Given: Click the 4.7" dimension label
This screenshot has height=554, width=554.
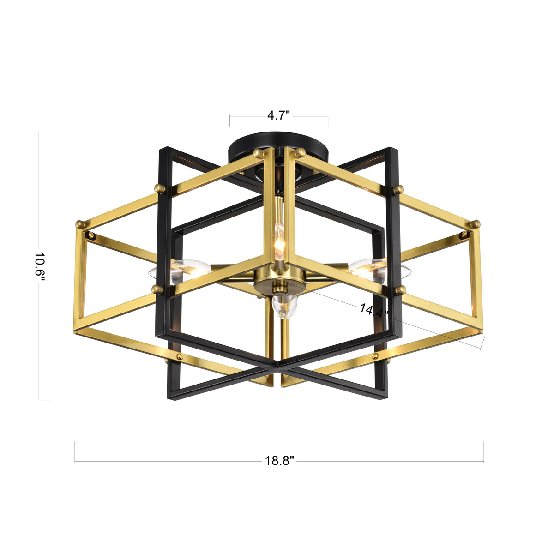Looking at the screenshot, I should pyautogui.click(x=279, y=115).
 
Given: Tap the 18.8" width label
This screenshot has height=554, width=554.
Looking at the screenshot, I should pyautogui.click(x=279, y=461).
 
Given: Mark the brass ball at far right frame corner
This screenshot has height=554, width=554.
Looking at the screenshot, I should pyautogui.click(x=476, y=224).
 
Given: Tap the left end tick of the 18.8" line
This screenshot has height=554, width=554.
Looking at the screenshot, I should pyautogui.click(x=75, y=452).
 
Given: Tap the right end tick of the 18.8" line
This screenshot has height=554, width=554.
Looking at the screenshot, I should pyautogui.click(x=484, y=452).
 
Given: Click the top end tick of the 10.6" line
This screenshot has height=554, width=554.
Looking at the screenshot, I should pyautogui.click(x=45, y=132).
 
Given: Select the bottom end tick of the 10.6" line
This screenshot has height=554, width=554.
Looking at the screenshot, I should pyautogui.click(x=45, y=400).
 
